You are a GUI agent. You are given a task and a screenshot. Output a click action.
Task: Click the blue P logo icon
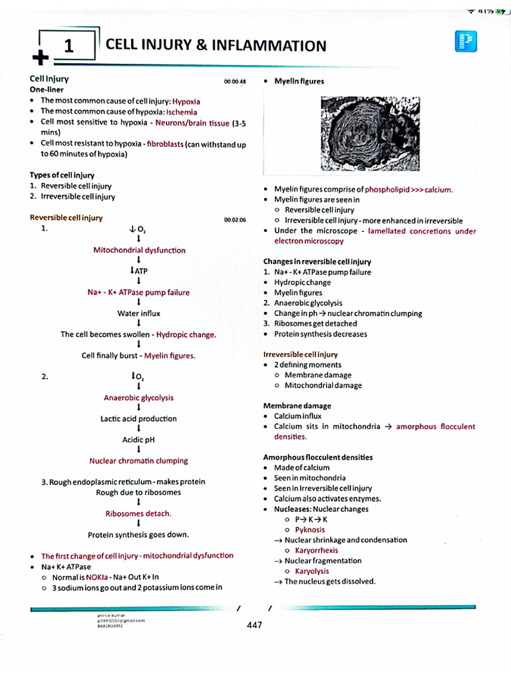[x=465, y=43]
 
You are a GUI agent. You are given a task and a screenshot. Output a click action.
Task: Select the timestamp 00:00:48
[x=235, y=82]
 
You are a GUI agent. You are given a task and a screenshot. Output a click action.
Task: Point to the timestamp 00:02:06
[x=235, y=219]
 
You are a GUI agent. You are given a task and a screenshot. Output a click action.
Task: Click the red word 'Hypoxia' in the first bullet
[x=186, y=102]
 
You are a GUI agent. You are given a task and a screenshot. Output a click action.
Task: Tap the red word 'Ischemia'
[x=182, y=112]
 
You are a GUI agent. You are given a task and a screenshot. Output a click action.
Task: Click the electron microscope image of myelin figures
[x=370, y=134]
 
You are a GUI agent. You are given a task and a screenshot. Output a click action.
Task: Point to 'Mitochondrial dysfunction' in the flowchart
[x=139, y=251]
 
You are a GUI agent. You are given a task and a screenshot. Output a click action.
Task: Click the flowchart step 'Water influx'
[x=138, y=313]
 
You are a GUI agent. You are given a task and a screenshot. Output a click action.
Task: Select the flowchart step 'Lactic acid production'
[x=138, y=419]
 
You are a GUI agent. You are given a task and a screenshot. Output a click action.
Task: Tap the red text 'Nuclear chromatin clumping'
[x=138, y=461]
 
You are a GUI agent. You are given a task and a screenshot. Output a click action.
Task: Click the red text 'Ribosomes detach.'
[x=138, y=513]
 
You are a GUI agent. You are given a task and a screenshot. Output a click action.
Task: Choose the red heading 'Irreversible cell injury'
[x=300, y=354]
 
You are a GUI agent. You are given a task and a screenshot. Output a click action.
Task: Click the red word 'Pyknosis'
[x=310, y=530]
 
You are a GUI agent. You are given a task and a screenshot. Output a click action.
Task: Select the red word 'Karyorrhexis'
[x=316, y=551]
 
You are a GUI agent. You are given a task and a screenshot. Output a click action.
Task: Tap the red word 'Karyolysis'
[x=313, y=571]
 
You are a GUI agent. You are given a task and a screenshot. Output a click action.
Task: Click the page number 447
[x=255, y=625]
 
